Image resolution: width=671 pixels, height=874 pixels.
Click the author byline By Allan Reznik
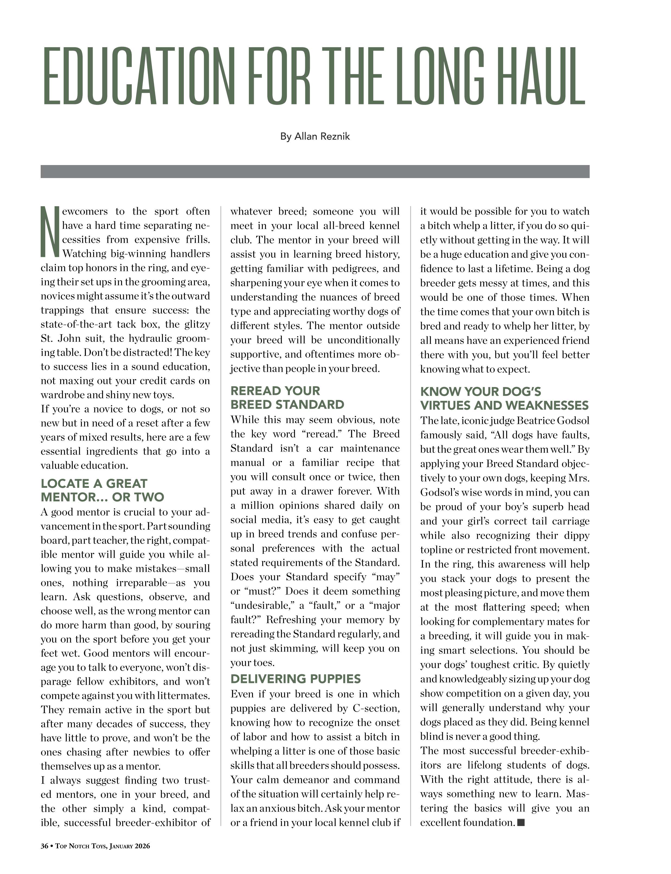(x=315, y=137)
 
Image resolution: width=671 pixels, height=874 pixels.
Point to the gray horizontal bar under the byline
(x=315, y=171)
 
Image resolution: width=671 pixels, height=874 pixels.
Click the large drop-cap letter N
(x=50, y=231)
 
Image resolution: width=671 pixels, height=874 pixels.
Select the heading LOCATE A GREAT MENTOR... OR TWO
(x=102, y=490)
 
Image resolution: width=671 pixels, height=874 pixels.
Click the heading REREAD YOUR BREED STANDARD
(x=287, y=398)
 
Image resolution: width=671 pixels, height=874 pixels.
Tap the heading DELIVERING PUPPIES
(x=296, y=679)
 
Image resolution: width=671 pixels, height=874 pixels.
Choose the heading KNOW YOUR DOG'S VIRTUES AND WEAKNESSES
(x=504, y=398)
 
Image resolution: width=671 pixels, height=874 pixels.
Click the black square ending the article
(x=521, y=822)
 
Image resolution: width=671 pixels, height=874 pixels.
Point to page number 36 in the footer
(x=44, y=846)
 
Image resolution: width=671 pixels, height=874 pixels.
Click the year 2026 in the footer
(x=142, y=846)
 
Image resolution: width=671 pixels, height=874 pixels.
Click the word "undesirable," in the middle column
(x=262, y=606)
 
